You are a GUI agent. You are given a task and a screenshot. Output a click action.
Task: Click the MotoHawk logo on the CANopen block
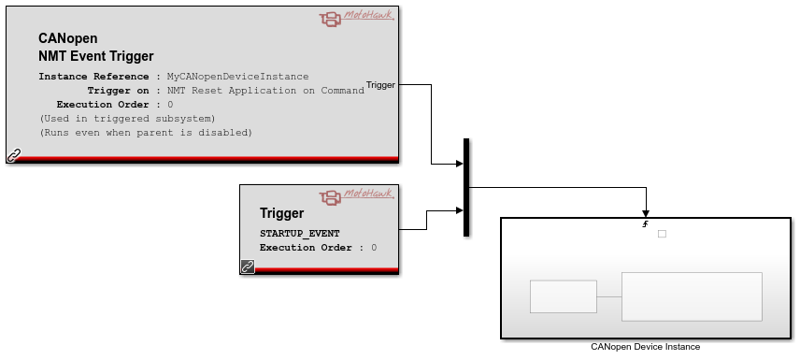[x=357, y=18]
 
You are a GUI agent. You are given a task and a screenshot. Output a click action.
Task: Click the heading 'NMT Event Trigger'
[x=96, y=56]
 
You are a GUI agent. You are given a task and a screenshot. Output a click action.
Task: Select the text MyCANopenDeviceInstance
[x=237, y=77]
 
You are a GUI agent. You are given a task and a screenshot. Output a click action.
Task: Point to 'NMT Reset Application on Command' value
[x=265, y=91]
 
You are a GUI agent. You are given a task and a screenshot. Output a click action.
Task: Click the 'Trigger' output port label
[x=380, y=85]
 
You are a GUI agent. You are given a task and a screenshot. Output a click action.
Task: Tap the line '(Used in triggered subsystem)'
[x=127, y=119]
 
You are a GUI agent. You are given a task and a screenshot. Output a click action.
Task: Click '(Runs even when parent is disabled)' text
[x=146, y=133]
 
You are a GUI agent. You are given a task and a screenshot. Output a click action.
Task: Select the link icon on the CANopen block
[x=13, y=155]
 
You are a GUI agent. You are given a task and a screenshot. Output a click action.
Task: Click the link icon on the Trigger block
[x=248, y=266]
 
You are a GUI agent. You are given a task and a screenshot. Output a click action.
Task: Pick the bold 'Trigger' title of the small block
[x=281, y=213]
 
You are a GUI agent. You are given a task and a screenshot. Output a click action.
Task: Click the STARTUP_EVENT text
[x=299, y=234]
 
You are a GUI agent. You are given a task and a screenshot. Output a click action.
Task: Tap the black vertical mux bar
[x=465, y=187]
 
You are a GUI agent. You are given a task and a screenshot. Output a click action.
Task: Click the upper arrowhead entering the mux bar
[x=460, y=164]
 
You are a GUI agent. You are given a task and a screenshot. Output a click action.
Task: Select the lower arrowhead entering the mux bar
[x=460, y=210]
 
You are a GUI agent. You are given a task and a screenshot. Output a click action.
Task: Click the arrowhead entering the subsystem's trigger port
[x=646, y=214]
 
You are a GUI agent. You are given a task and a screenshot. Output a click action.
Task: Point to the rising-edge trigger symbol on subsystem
[x=646, y=223]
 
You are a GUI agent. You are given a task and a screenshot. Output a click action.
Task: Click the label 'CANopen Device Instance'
[x=646, y=347]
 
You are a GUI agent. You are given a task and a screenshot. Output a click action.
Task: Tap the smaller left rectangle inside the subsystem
[x=564, y=296]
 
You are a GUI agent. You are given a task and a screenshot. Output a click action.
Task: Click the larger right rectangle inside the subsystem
[x=692, y=296]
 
